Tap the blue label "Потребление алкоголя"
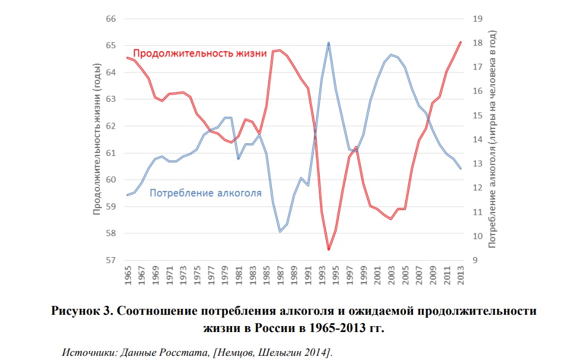[205, 193]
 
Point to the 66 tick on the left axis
[111, 18]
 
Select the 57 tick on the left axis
[111, 260]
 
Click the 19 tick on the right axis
[476, 18]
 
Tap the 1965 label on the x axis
[127, 277]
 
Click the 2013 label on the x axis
[460, 277]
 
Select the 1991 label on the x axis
[308, 277]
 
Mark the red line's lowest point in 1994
[329, 250]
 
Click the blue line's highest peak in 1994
[329, 43]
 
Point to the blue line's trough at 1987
[280, 231]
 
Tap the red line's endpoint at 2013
[460, 42]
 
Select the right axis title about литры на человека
[492, 139]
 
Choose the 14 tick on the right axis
[476, 139]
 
